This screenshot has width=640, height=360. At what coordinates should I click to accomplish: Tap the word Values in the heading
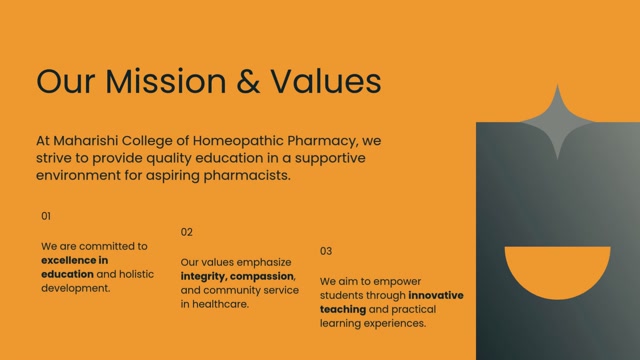pyautogui.click(x=324, y=81)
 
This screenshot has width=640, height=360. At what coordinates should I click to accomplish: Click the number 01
pyautogui.click(x=46, y=216)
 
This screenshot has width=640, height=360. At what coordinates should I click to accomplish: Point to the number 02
pyautogui.click(x=186, y=232)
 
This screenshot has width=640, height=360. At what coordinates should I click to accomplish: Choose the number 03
pyautogui.click(x=326, y=251)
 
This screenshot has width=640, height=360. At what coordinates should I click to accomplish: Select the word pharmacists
pyautogui.click(x=248, y=175)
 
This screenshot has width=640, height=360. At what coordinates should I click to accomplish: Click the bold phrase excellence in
pyautogui.click(x=75, y=260)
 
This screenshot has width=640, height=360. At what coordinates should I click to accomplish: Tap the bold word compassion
pyautogui.click(x=262, y=276)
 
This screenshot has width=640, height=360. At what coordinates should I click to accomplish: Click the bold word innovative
pyautogui.click(x=435, y=296)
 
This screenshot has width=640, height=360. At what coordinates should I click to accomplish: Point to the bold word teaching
pyautogui.click(x=345, y=310)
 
